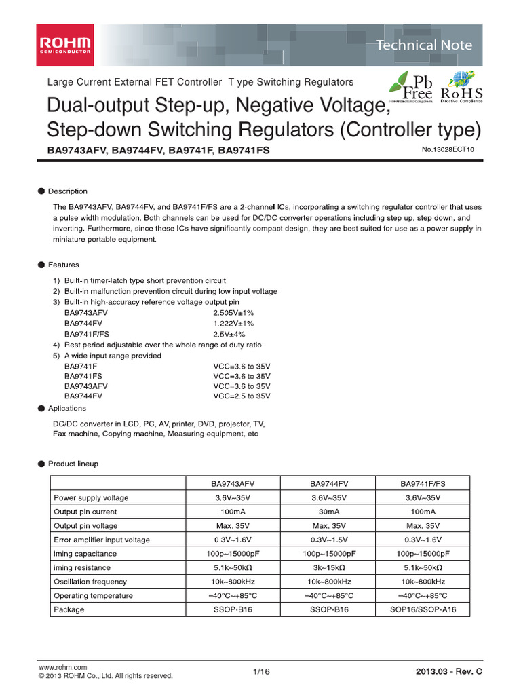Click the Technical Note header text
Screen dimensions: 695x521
424,45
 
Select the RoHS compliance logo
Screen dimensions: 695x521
462,87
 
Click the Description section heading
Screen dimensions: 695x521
67,191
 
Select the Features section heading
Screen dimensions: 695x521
63,265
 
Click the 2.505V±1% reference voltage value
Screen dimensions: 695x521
233,313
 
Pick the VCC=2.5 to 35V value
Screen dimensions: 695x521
242,396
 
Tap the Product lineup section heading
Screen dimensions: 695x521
73,464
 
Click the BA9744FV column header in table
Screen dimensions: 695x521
330,484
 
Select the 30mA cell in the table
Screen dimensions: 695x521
330,512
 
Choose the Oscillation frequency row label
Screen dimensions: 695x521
90,582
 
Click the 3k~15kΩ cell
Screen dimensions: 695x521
330,567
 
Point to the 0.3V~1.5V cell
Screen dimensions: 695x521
330,540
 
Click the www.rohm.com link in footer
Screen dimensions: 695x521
63,668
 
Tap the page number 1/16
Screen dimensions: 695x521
261,671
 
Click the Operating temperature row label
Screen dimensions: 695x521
94,595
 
